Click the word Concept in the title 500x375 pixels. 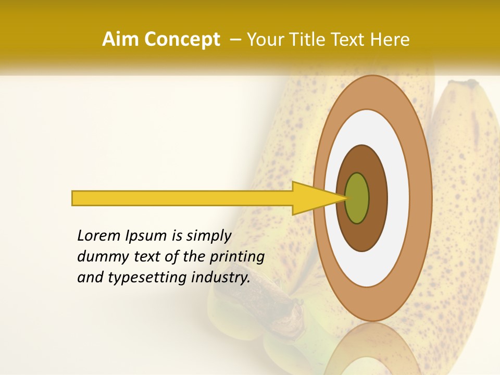[182, 40]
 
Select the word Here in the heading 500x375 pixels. [390, 40]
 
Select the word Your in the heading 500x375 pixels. [264, 40]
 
